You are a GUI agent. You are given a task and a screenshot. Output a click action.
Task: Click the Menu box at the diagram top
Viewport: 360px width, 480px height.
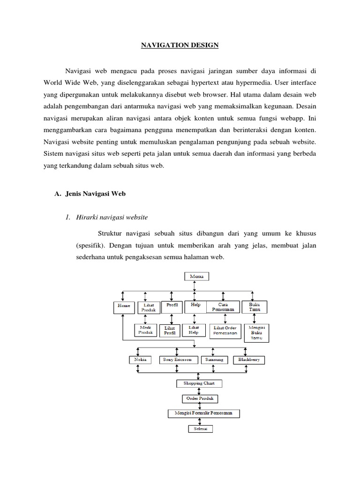pyautogui.click(x=196, y=277)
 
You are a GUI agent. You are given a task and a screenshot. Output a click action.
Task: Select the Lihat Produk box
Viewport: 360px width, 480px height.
pyautogui.click(x=147, y=307)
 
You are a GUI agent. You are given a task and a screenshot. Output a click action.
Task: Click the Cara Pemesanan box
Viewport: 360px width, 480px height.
pyautogui.click(x=223, y=307)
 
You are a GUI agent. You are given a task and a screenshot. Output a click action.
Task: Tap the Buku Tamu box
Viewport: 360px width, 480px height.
pyautogui.click(x=254, y=307)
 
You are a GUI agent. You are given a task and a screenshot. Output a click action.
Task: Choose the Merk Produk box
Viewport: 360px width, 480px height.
pyautogui.click(x=146, y=330)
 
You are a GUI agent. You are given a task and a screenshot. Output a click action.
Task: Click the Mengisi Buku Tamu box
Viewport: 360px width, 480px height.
pyautogui.click(x=256, y=332)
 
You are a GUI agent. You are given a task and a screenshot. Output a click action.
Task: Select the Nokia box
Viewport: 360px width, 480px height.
pyautogui.click(x=140, y=360)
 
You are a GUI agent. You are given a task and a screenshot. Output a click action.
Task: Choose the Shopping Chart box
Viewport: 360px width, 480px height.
pyautogui.click(x=199, y=383)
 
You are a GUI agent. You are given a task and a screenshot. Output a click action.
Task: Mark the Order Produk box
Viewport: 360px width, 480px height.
pyautogui.click(x=199, y=398)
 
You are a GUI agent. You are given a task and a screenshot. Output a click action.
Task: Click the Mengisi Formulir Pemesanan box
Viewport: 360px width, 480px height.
pyautogui.click(x=204, y=413)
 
